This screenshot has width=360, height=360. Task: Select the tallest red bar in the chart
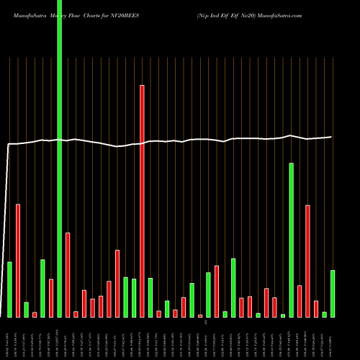click(x=142, y=201)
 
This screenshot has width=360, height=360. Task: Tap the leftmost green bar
click(x=9, y=289)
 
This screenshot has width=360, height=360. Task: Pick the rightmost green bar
click(x=333, y=293)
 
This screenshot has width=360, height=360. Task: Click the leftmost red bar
click(x=18, y=261)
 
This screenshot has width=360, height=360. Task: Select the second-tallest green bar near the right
click(x=291, y=240)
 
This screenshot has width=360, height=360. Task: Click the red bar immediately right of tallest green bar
click(x=68, y=274)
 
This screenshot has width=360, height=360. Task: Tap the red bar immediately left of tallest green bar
click(x=51, y=298)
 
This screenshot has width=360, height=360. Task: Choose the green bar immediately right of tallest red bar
click(x=150, y=297)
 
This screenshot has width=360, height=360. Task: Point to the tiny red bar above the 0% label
click(x=200, y=315)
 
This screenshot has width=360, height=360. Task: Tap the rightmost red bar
click(x=316, y=309)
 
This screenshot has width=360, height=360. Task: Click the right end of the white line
click(x=331, y=137)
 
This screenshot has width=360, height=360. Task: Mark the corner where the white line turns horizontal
click(x=9, y=145)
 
